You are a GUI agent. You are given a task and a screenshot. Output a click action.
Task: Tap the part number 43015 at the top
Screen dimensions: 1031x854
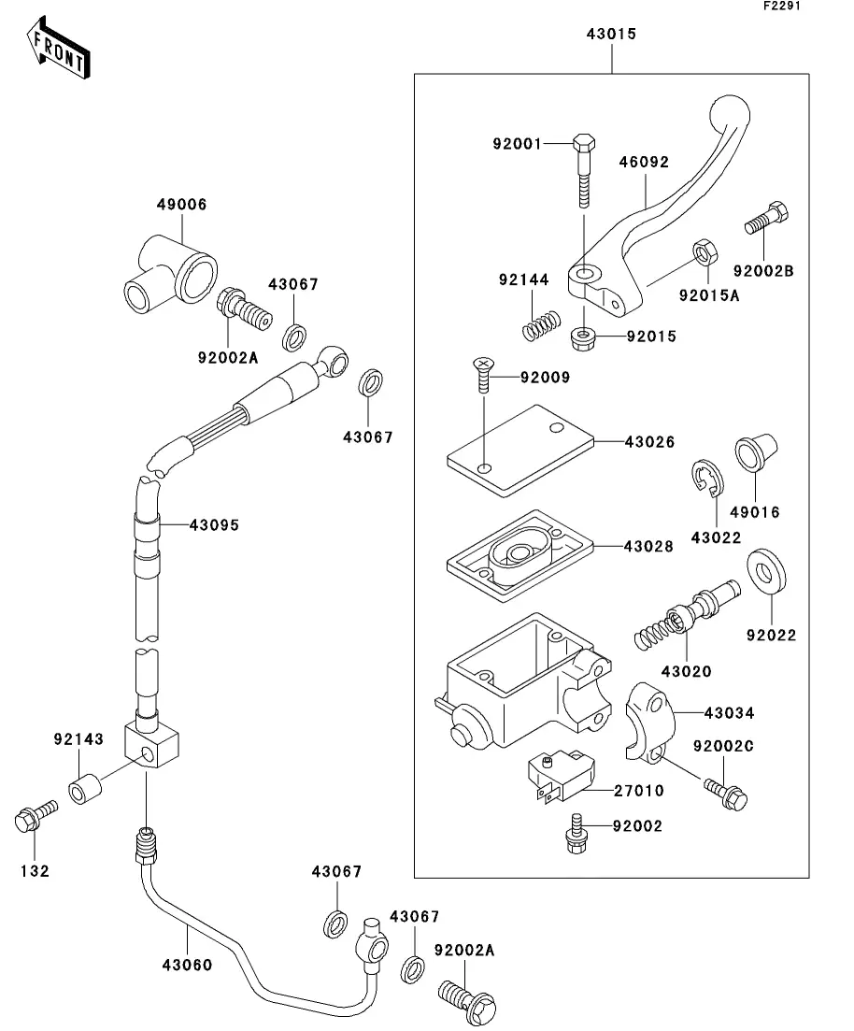tap(611, 35)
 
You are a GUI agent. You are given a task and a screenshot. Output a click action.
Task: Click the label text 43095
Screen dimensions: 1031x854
tap(214, 525)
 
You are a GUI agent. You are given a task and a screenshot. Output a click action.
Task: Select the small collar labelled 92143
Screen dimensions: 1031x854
tap(84, 789)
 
